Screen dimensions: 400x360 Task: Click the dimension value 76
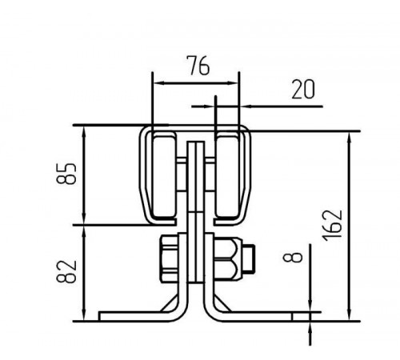point(199,66)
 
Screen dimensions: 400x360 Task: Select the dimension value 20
point(303,90)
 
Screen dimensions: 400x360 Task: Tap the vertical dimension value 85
point(66,174)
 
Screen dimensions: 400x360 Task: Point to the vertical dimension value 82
point(66,271)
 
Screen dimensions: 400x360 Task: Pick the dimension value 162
point(332,226)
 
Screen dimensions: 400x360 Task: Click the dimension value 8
point(293,258)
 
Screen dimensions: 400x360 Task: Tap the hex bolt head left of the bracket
point(169,258)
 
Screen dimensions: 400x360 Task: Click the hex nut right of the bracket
point(228,258)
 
